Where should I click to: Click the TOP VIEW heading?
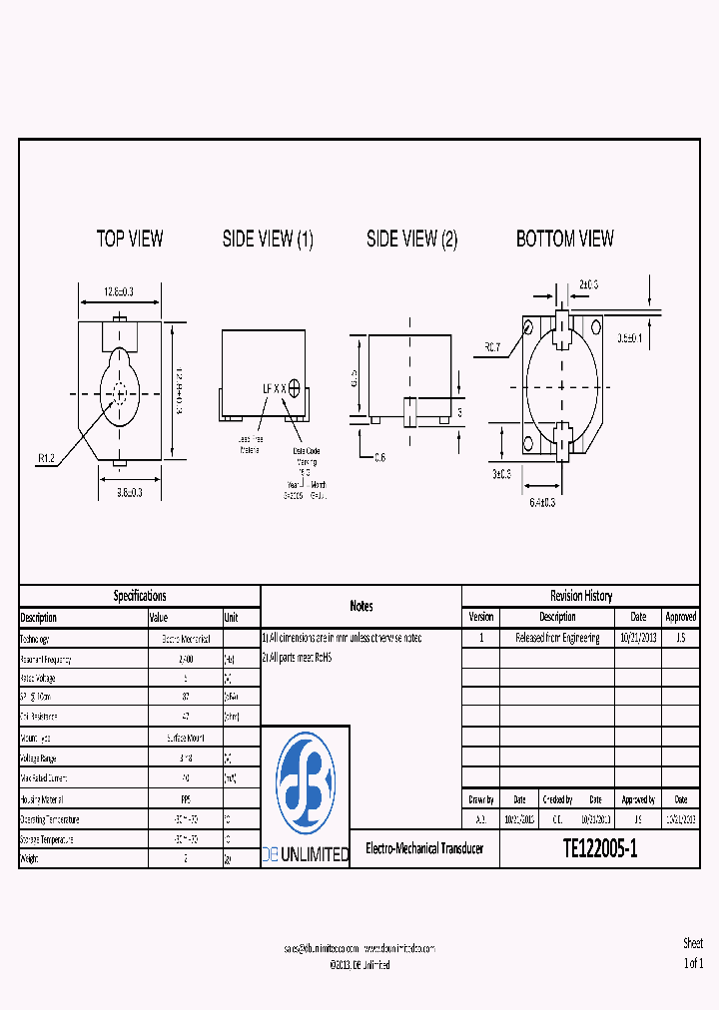(x=130, y=239)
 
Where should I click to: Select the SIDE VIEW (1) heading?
(x=268, y=239)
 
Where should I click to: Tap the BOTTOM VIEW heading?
(x=564, y=239)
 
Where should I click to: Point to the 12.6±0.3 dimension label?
(x=119, y=291)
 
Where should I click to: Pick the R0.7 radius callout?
(x=492, y=347)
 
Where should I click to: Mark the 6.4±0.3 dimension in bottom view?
(x=542, y=502)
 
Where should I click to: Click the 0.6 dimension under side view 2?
(x=379, y=457)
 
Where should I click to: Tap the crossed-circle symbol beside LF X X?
(x=295, y=386)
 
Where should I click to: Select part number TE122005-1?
(x=599, y=849)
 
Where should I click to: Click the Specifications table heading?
(x=140, y=596)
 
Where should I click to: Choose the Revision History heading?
(x=580, y=596)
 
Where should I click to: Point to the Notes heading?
(x=361, y=606)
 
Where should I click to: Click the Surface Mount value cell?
(x=185, y=737)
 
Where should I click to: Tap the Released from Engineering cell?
(x=557, y=638)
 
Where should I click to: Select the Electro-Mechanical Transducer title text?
(x=424, y=848)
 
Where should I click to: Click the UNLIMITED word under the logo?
(x=317, y=854)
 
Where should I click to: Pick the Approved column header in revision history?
(x=680, y=617)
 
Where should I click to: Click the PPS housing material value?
(x=185, y=798)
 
